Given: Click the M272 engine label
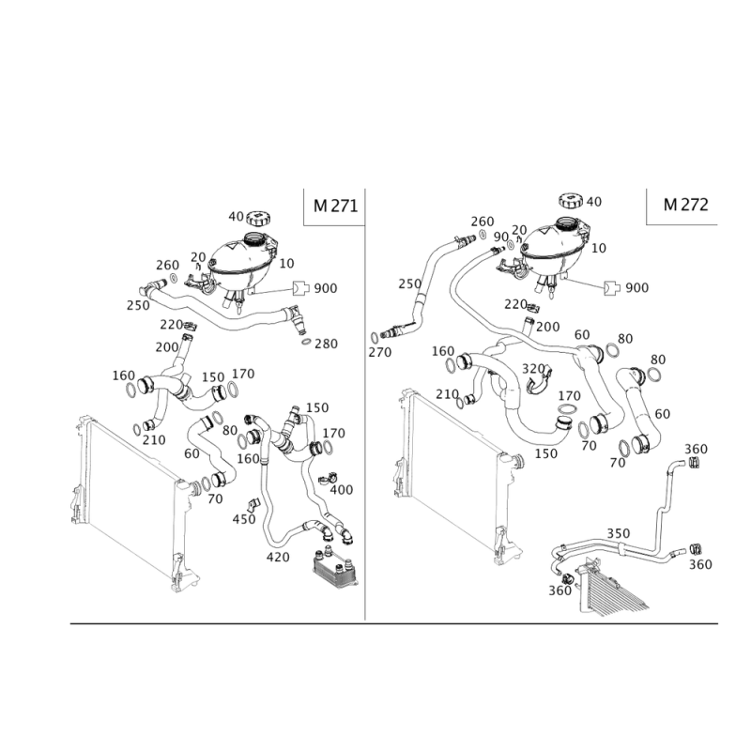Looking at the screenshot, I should pos(684,204).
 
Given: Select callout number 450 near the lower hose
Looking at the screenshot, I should pos(244,516).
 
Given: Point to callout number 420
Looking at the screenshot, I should pos(280,556).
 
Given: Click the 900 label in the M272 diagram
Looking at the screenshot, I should pos(637,286).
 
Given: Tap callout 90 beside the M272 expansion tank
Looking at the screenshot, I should pos(499,235).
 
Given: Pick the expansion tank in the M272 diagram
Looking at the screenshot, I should pos(558,244).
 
